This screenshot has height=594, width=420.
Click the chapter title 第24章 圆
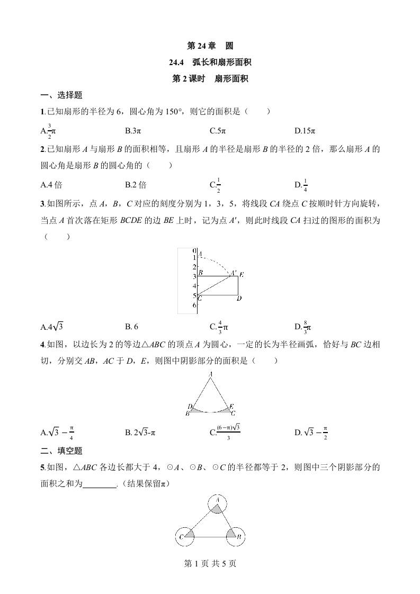(x=210, y=46)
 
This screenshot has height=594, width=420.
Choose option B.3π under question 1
(x=135, y=130)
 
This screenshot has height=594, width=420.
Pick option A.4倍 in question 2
(x=51, y=185)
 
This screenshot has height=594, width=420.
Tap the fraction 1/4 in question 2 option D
(x=306, y=185)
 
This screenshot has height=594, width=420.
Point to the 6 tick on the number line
(x=194, y=305)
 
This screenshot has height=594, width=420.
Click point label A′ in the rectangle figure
(x=233, y=273)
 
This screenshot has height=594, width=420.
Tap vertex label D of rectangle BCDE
(x=239, y=299)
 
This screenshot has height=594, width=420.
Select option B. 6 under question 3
(x=132, y=327)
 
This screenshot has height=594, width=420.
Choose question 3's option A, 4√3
(x=52, y=327)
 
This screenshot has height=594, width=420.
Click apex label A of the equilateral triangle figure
(x=211, y=374)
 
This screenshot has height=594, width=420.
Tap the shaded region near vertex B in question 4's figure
(x=194, y=410)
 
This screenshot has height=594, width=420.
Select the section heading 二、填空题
(x=61, y=451)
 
